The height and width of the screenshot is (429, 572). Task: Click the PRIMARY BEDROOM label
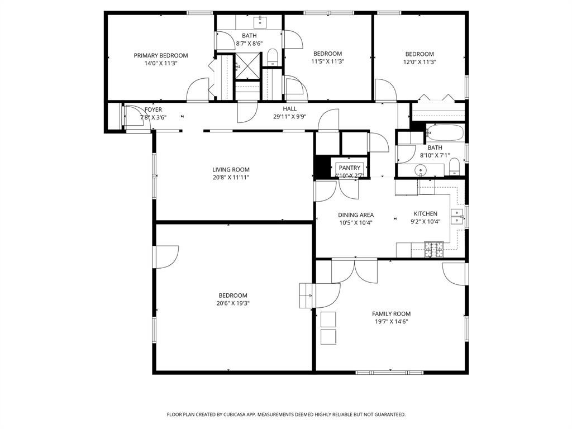tap(160, 55)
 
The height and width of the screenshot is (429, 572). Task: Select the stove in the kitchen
tap(434, 249)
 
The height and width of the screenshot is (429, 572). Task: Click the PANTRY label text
tap(350, 168)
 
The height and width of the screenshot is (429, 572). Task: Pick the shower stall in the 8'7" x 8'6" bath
tap(246, 66)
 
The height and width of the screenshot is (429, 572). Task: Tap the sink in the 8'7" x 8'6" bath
tap(260, 22)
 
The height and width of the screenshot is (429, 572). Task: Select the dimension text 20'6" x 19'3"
tap(233, 303)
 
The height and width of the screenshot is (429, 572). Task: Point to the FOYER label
tap(153, 110)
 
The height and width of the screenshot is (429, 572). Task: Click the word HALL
tap(289, 109)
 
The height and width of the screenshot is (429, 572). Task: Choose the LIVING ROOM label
tap(231, 170)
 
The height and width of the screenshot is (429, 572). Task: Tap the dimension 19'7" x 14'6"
tap(391, 322)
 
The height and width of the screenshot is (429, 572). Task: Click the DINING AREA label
tap(356, 215)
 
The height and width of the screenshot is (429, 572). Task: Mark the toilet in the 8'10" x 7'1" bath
tap(454, 166)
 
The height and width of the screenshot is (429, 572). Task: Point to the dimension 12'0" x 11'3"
tap(420, 62)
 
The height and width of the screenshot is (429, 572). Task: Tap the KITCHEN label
tap(425, 214)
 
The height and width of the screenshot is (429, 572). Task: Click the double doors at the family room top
tap(354, 270)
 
